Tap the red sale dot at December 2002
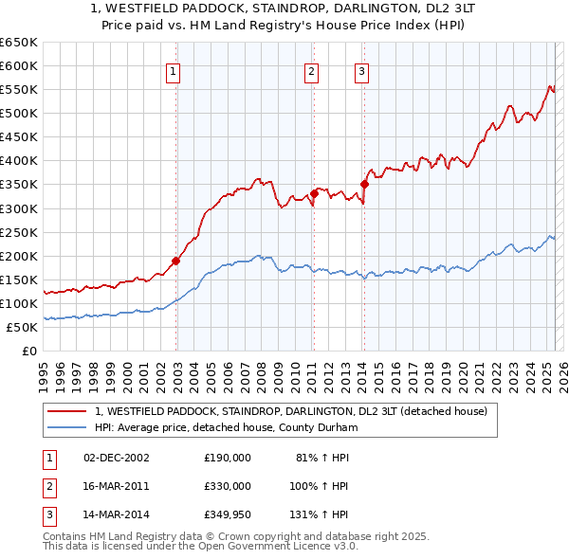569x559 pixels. click(176, 260)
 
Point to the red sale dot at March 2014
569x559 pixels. click(364, 184)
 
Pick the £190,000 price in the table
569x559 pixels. click(228, 457)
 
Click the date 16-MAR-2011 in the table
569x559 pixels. click(117, 486)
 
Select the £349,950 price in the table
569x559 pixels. click(228, 515)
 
